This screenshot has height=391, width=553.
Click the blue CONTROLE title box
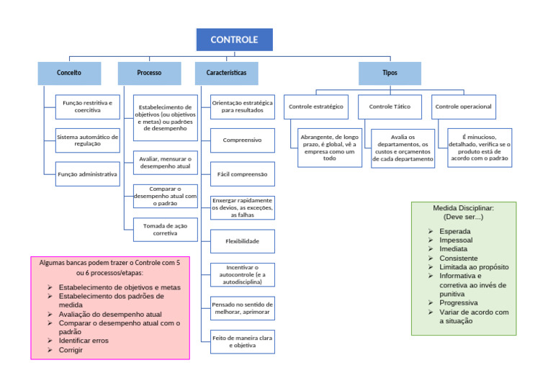pyautogui.click(x=234, y=40)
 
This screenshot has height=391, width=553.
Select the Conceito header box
pyautogui.click(x=69, y=73)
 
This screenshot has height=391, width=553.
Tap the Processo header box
pyautogui.click(x=149, y=73)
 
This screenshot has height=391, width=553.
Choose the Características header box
pyautogui.click(x=226, y=73)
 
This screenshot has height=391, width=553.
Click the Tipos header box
pyautogui.click(x=390, y=73)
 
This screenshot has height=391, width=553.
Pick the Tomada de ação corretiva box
pyautogui.click(x=165, y=229)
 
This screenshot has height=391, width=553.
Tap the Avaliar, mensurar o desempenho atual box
pyautogui.click(x=165, y=163)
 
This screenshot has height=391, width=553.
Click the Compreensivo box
pyautogui.click(x=242, y=140)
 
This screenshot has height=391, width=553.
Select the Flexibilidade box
pyautogui.click(x=242, y=241)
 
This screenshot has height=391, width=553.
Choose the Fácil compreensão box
pyautogui.click(x=242, y=174)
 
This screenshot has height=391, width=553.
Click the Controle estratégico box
pyautogui.click(x=315, y=107)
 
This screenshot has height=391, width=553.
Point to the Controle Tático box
pyautogui.click(x=390, y=107)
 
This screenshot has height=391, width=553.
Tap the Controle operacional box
pyautogui.click(x=463, y=107)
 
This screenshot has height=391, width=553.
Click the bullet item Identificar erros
pyautogui.click(x=84, y=341)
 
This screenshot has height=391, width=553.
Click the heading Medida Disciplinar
pyautogui.click(x=463, y=207)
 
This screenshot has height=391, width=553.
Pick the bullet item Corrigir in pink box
pyautogui.click(x=71, y=350)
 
